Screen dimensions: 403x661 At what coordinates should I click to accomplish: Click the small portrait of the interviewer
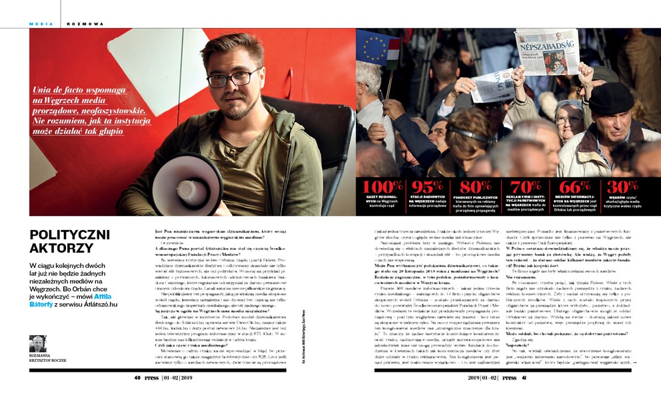pos(38,343)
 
